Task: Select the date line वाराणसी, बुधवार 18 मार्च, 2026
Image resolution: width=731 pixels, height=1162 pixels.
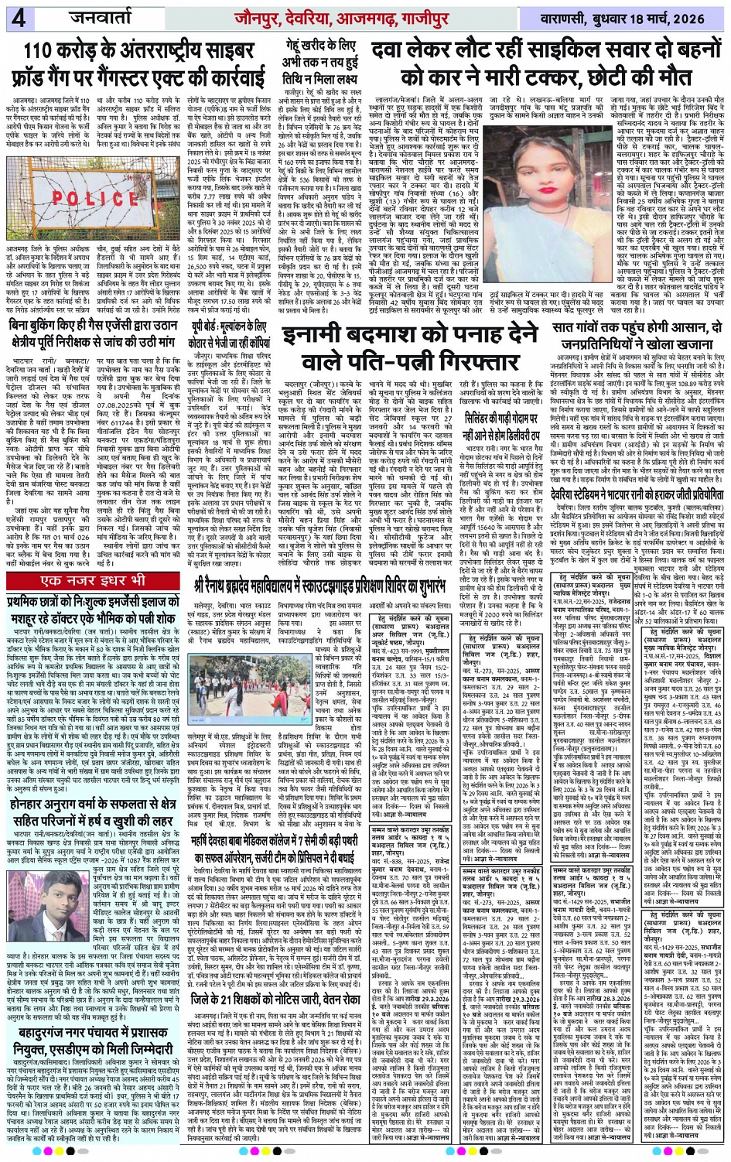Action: [627, 17]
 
